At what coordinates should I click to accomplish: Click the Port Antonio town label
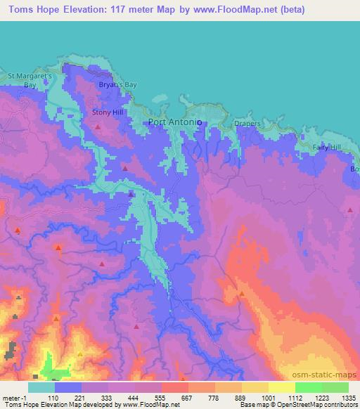176,122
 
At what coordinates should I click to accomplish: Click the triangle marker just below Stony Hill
98,126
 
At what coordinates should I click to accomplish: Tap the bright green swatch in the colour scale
308,387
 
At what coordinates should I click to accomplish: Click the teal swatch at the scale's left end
41,387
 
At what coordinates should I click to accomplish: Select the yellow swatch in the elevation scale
281,387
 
